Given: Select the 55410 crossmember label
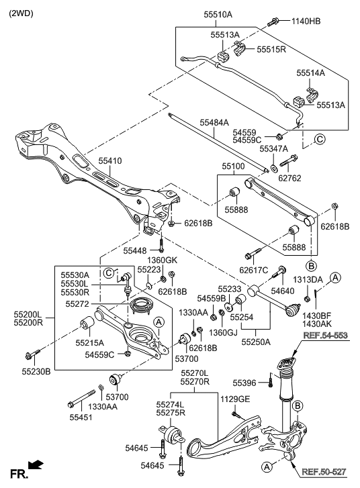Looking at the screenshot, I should click(x=110, y=161).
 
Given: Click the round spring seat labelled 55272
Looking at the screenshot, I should click(x=140, y=307).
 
